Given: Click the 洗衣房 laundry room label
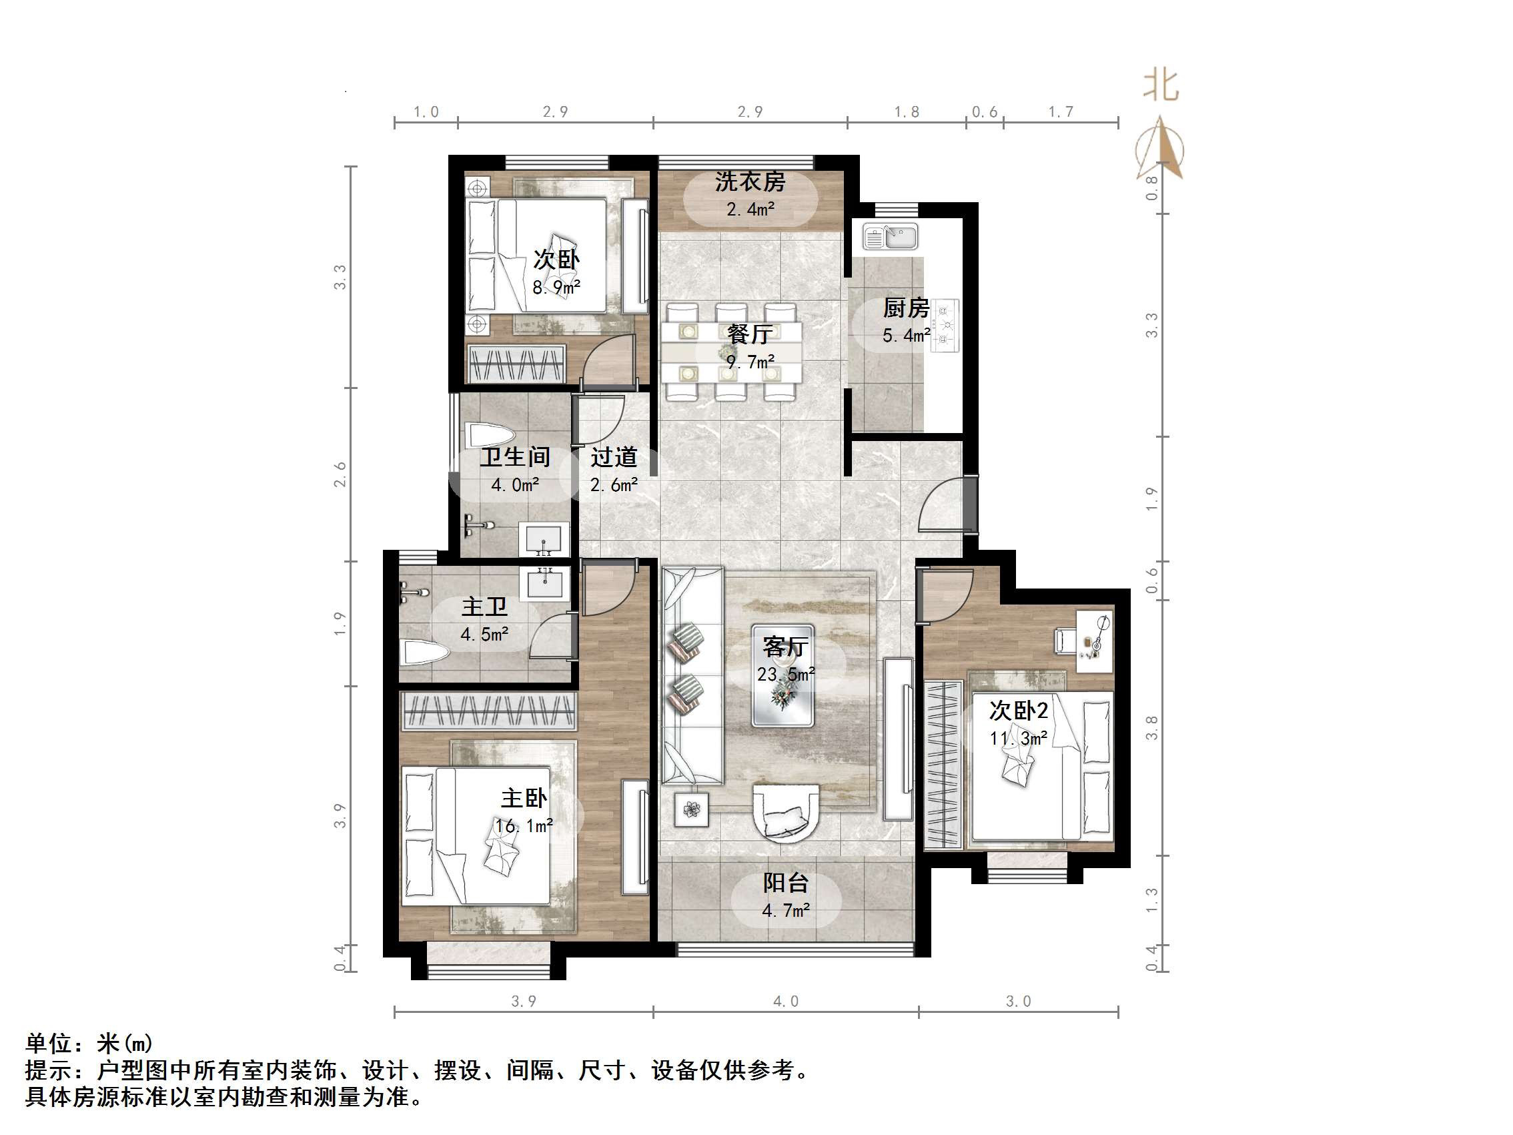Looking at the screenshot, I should pos(750,182).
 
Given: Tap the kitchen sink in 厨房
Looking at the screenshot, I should pos(890,238).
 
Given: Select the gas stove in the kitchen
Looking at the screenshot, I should pos(947,326).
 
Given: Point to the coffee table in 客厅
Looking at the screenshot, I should pos(783,675).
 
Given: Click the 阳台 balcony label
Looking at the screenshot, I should pos(785,883).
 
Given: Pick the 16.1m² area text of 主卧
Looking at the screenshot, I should pos(524,827).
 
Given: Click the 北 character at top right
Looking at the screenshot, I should pos(1161,86).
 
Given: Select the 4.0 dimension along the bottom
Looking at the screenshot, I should pos(785,1002).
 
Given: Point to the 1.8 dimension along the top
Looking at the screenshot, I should pos(907,111).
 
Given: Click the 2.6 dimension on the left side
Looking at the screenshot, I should pos(340,474).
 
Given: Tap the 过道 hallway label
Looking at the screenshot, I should pos(614,456).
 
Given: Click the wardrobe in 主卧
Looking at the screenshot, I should pos(488,711).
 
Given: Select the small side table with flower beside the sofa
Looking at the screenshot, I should pos(692,809).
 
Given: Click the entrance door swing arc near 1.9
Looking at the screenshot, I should pos(941,506).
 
